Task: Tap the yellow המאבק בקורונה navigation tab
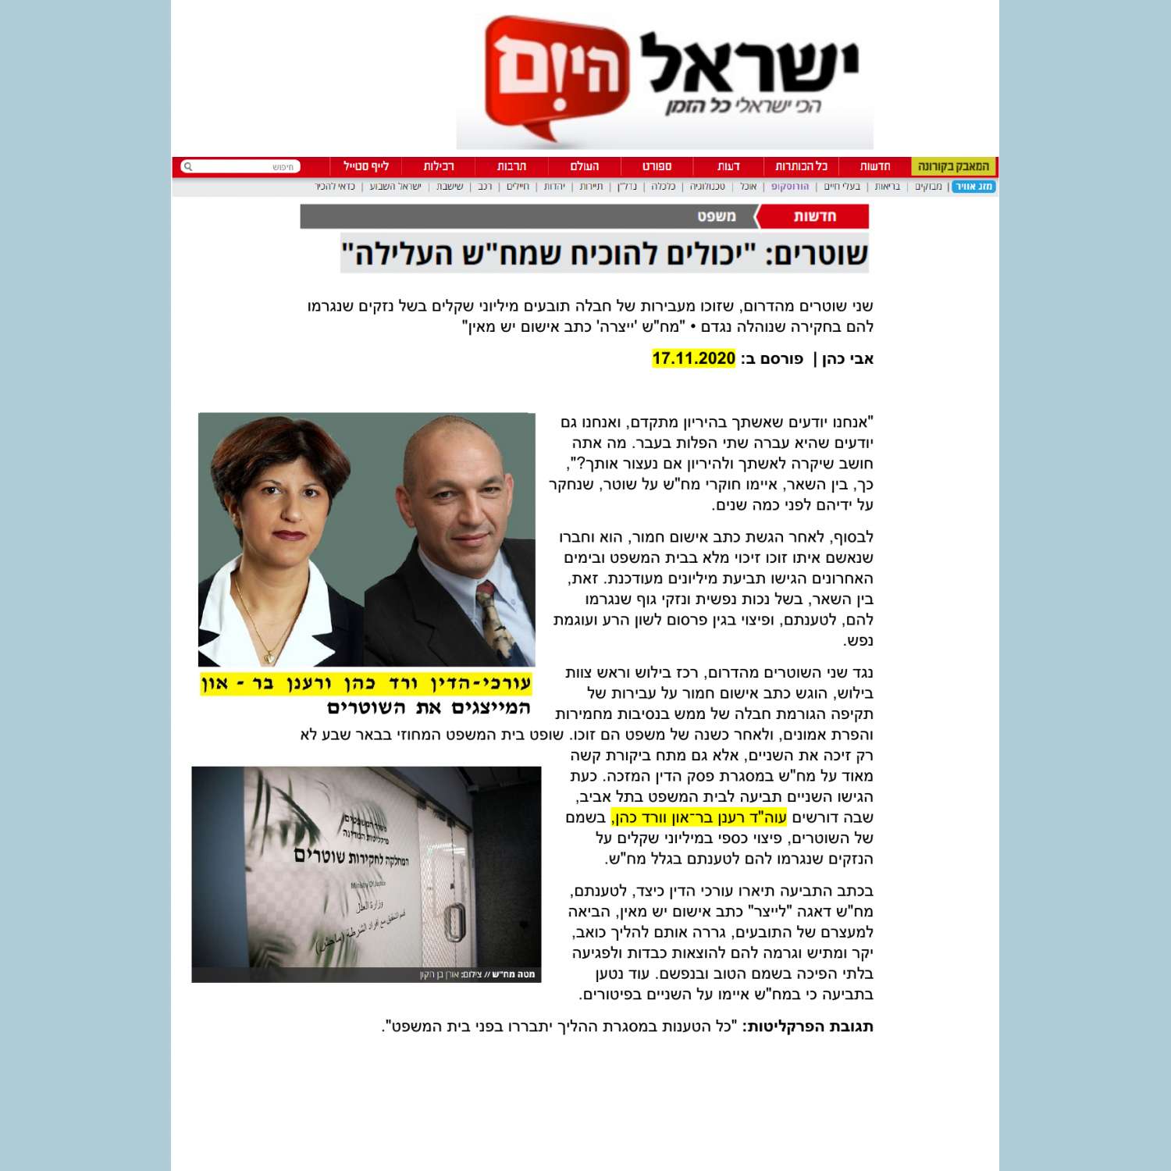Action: pyautogui.click(x=953, y=166)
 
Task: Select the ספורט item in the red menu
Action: pyautogui.click(x=657, y=166)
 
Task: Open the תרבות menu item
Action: pyautogui.click(x=511, y=166)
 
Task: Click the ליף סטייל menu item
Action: pyautogui.click(x=366, y=166)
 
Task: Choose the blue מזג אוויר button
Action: pyautogui.click(x=973, y=187)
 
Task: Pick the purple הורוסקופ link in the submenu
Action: pyautogui.click(x=790, y=187)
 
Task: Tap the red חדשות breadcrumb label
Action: pyautogui.click(x=814, y=216)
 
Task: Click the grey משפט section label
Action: pyautogui.click(x=716, y=216)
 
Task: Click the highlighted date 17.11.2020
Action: pyautogui.click(x=693, y=358)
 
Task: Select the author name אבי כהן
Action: pyautogui.click(x=848, y=359)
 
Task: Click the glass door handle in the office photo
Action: pyautogui.click(x=451, y=924)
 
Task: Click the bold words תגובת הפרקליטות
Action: pyautogui.click(x=810, y=1027)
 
